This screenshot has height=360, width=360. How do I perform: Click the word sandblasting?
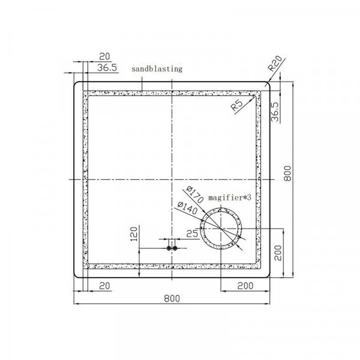coord(157,69)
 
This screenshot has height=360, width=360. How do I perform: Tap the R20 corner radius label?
coord(275,63)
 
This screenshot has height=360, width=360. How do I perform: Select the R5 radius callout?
coord(237,105)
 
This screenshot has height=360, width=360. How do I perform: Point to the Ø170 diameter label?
coord(195,194)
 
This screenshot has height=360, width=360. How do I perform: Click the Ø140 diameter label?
coord(187,208)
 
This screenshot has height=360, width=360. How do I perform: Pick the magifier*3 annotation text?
coord(230,197)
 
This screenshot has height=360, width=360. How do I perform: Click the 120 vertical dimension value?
coord(134,234)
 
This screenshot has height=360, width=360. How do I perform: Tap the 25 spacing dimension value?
coord(192,234)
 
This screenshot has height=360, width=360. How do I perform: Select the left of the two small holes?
coord(169,248)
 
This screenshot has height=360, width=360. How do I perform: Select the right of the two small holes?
coord(175,248)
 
